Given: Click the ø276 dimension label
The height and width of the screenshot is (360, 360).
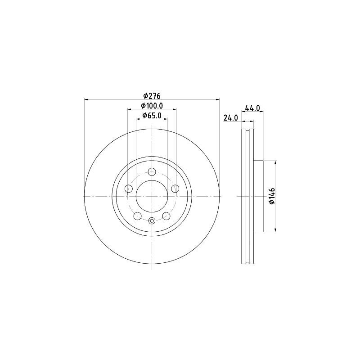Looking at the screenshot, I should (152, 95).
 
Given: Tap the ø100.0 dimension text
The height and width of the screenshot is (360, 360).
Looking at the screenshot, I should (152, 105).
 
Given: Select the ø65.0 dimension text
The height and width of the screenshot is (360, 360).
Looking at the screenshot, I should (152, 116).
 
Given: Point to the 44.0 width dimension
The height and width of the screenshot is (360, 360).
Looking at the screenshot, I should (253, 108).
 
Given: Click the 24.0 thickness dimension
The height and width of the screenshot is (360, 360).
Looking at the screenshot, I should (230, 118).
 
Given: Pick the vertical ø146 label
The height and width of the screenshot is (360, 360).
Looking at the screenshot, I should (271, 197).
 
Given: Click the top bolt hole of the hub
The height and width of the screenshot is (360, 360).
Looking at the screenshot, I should (152, 171).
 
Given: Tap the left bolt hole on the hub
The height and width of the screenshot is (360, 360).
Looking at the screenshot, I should (128, 188).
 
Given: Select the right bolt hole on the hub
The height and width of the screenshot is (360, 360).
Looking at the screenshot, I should (175, 188).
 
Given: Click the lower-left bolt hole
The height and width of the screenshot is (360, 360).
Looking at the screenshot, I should (137, 216).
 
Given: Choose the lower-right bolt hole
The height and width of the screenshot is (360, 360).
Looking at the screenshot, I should (166, 216).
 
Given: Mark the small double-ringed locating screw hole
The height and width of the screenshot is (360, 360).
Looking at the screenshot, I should (152, 220).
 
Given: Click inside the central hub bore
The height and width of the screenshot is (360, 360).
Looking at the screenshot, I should (152, 196).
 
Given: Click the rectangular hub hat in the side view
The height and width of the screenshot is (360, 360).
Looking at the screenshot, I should (258, 197).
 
